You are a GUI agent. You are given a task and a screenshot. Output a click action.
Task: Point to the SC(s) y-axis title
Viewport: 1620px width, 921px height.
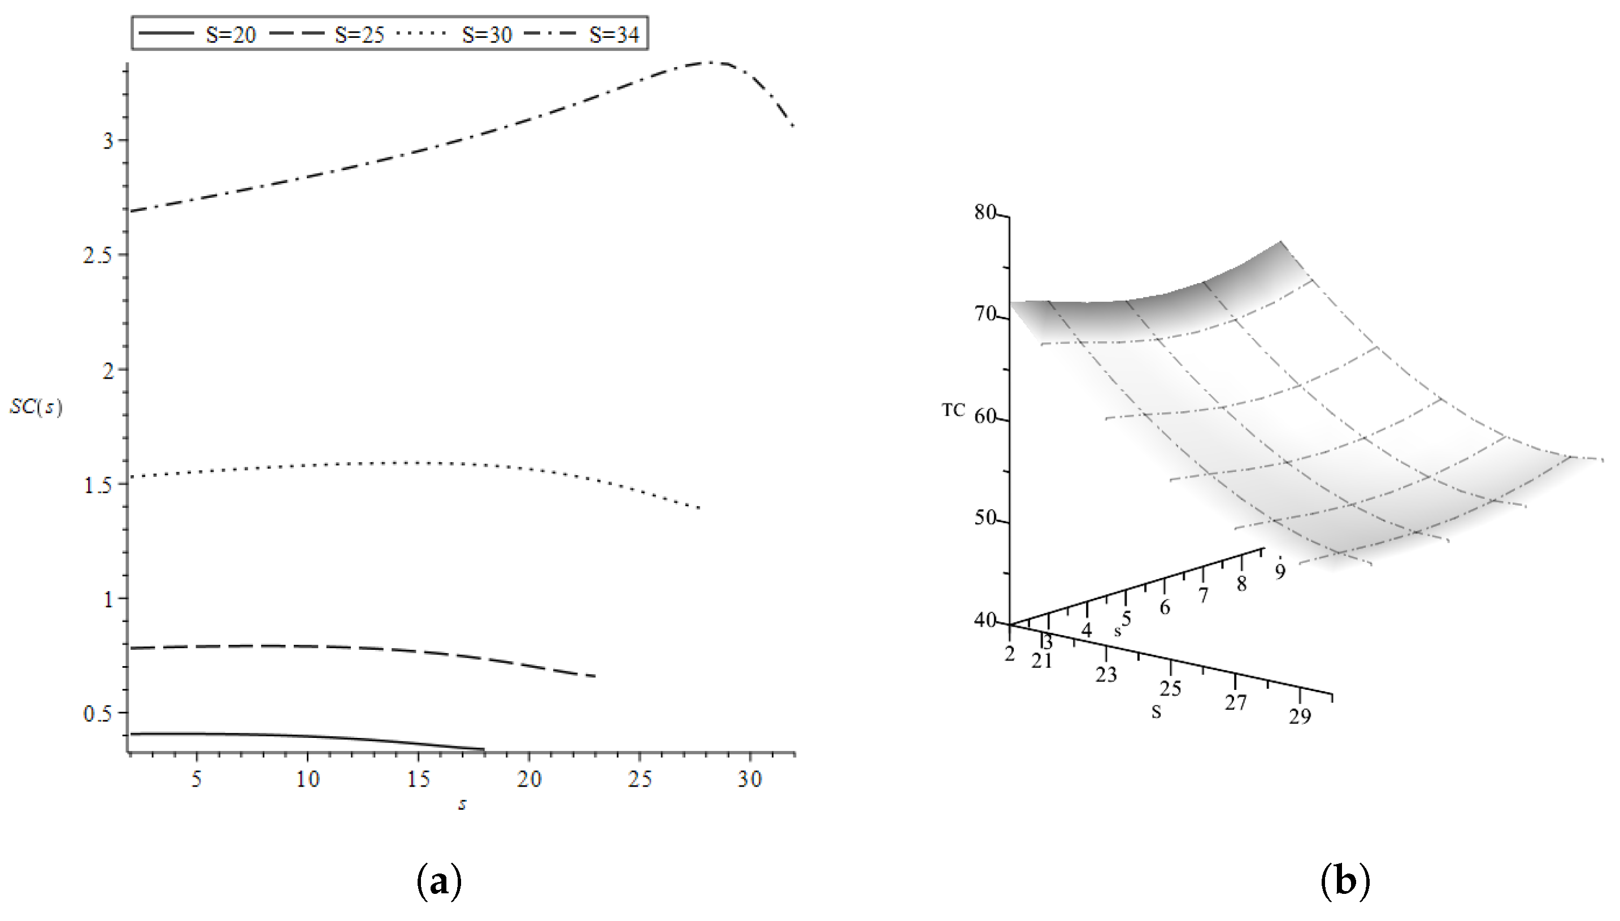click(x=36, y=407)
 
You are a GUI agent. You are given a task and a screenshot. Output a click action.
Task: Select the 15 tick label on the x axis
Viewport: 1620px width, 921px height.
click(x=418, y=779)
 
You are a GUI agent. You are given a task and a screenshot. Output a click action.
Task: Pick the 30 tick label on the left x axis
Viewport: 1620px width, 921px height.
click(x=750, y=779)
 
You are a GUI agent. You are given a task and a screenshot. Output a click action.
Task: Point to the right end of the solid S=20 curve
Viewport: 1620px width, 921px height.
click(x=483, y=750)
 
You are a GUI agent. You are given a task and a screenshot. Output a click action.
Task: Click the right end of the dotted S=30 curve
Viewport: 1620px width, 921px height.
click(x=700, y=508)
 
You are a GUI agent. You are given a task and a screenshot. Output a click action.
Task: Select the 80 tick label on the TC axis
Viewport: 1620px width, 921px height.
click(x=985, y=212)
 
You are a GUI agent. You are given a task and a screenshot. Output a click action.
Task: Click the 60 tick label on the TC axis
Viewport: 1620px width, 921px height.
click(x=985, y=418)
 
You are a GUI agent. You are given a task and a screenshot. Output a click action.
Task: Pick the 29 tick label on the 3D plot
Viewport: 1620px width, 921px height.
click(x=1300, y=716)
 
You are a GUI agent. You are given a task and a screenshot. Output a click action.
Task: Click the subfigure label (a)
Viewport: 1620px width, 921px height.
click(x=439, y=881)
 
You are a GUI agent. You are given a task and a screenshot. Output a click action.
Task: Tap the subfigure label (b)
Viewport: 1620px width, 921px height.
click(x=1345, y=881)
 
